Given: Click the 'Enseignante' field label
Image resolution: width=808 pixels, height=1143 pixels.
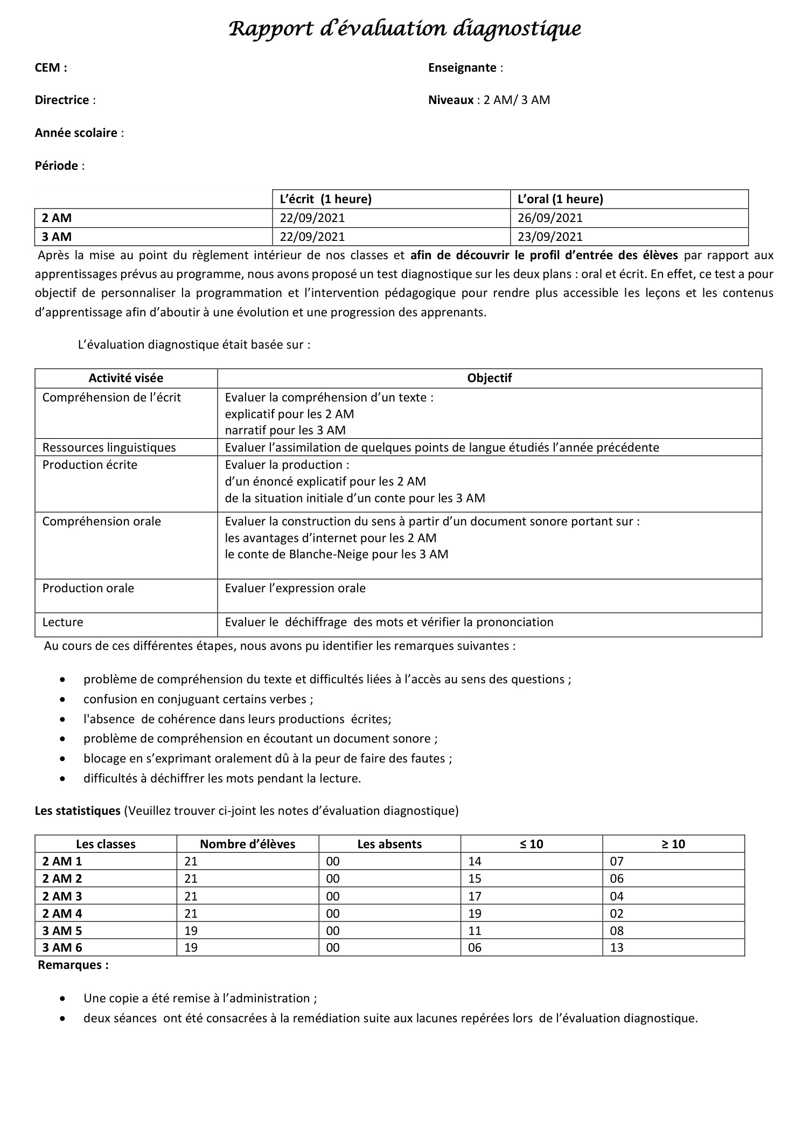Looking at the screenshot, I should pos(462,67).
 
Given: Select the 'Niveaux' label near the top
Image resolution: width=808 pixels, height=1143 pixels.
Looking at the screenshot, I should pos(450,100).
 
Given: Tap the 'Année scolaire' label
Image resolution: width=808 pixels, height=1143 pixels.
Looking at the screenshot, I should pos(76,133).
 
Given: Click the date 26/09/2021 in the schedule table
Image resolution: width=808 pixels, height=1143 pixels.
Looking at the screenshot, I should pos(550,218).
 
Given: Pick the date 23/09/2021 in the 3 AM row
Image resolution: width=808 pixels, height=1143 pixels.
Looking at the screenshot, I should pos(550,237).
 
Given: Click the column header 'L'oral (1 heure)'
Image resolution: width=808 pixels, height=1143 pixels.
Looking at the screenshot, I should pos(560,199).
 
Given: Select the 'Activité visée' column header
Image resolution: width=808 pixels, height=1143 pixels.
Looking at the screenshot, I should pos(126,378).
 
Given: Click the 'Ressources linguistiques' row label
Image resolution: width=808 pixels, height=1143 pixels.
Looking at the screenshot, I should pos(109,447).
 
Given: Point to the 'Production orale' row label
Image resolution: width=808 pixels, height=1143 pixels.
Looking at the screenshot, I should pos(88,588).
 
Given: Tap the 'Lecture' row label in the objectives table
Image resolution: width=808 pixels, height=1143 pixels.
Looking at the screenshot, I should pos(62,622).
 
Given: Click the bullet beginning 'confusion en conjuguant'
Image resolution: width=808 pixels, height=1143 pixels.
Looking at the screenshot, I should pos(198,699).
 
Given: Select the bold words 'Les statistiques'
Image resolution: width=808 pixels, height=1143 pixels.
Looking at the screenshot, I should pos(78,811).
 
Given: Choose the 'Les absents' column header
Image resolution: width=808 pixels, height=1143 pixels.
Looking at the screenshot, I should pos(389,844).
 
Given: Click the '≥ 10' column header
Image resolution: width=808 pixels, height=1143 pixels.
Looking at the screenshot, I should pos(673,844).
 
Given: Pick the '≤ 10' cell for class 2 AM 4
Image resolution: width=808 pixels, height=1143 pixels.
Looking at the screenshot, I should pos(475,913).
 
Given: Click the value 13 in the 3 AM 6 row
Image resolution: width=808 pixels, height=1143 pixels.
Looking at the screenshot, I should pos(616,947).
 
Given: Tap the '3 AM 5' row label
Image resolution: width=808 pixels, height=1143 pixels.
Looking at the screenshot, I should pos(62,931).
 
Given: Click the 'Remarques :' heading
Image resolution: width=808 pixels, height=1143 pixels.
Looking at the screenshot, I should pos(73,965).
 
